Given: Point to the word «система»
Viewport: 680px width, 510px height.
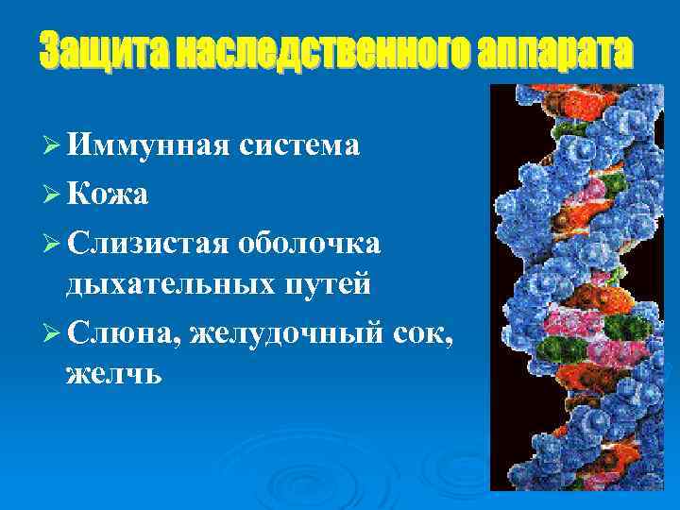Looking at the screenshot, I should [298, 145].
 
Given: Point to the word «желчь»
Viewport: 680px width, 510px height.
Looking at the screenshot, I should [114, 375].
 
